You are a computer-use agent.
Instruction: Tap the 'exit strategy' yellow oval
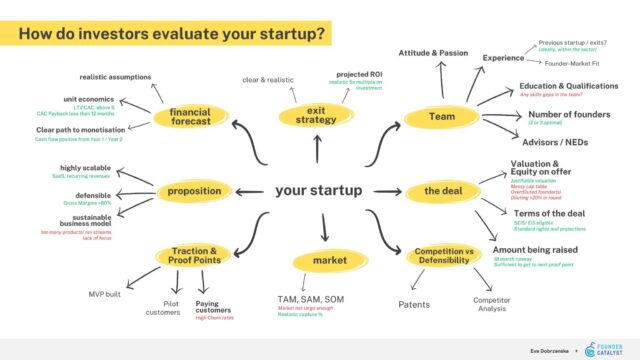click(x=316, y=117)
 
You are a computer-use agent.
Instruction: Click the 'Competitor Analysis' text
click(x=491, y=305)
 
